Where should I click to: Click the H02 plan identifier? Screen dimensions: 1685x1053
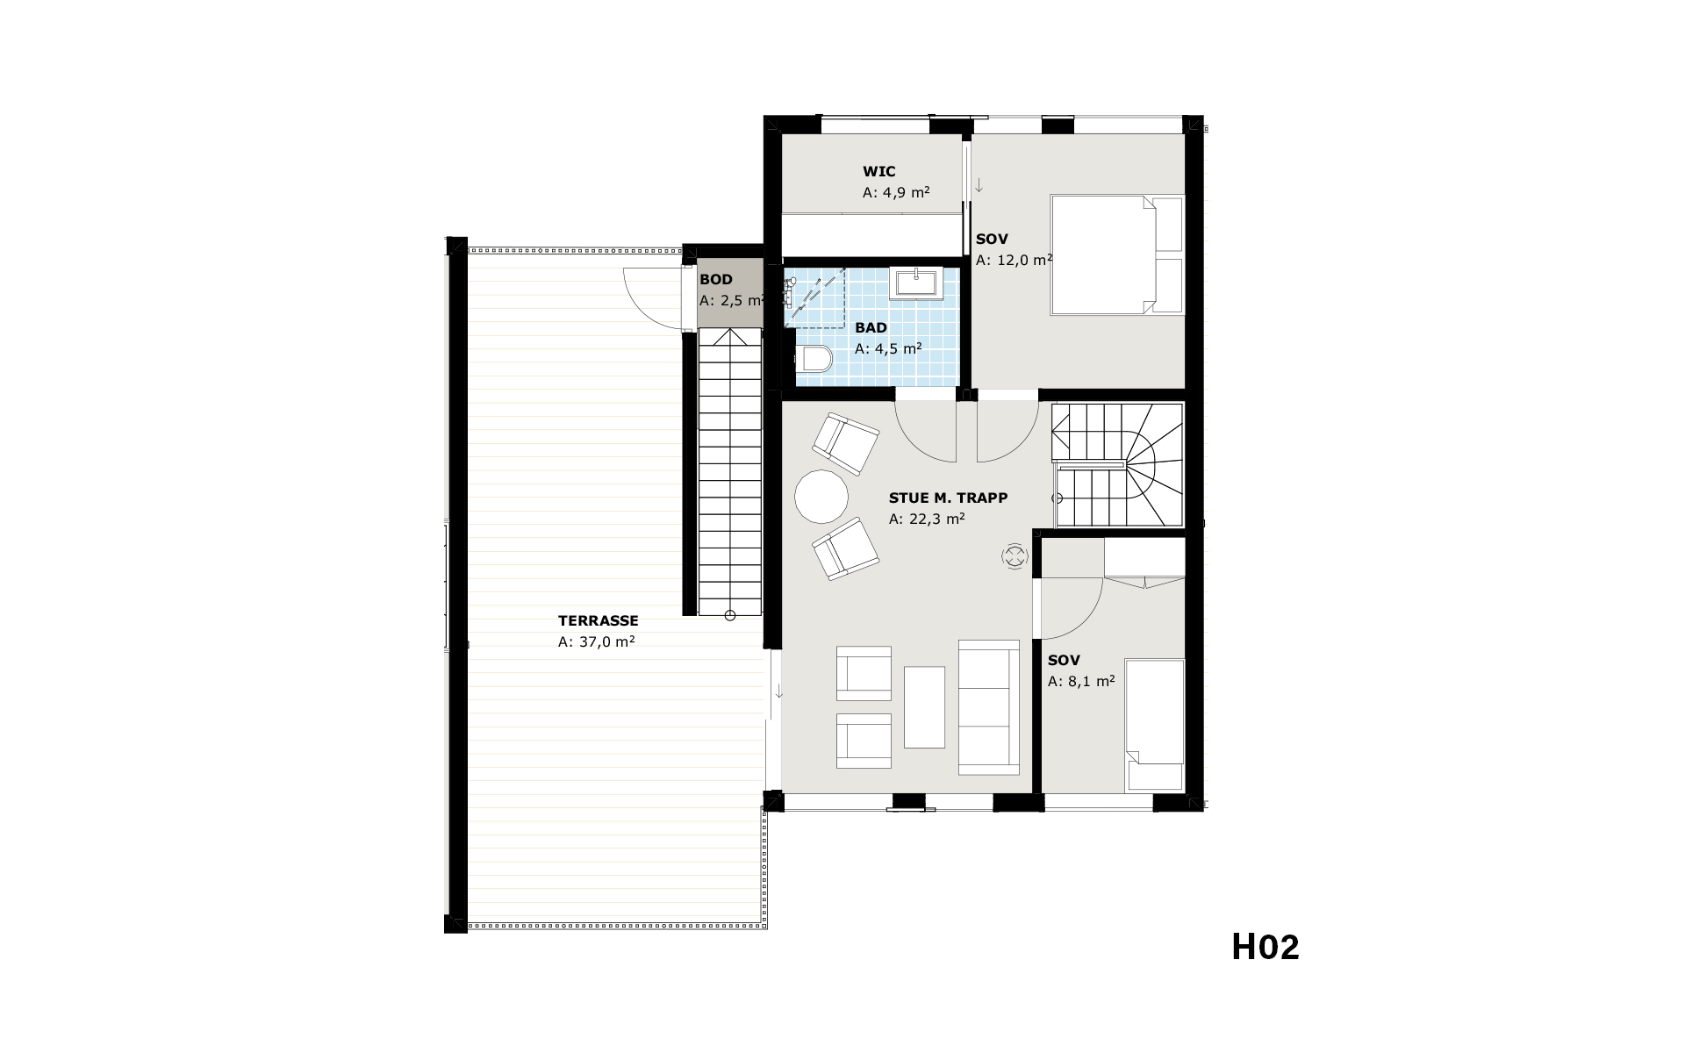(x=1265, y=947)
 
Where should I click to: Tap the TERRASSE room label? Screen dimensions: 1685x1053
(x=598, y=620)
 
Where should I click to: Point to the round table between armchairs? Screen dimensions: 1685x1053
(x=821, y=497)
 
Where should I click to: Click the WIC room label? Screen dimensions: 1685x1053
(x=878, y=171)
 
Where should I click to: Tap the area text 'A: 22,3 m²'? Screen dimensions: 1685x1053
(x=927, y=519)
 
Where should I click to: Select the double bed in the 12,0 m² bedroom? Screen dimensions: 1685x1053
(x=1117, y=254)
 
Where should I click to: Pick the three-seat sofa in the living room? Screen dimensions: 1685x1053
(x=989, y=707)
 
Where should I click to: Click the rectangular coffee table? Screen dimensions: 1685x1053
(x=924, y=707)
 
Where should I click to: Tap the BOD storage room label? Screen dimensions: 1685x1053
(x=715, y=280)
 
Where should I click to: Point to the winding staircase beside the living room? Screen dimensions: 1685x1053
(x=1118, y=465)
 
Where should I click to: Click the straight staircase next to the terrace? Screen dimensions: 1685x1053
(x=729, y=472)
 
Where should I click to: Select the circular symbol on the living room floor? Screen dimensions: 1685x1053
(x=1015, y=556)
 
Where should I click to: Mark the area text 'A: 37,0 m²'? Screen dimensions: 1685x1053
(x=596, y=641)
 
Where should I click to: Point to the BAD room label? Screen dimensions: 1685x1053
(x=871, y=327)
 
